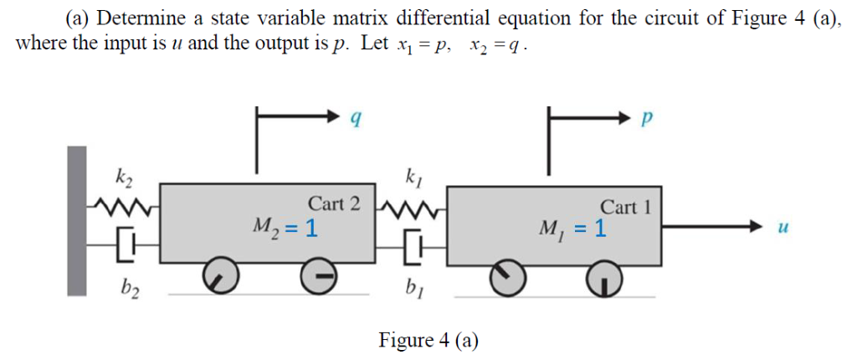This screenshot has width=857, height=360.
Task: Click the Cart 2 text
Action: tap(335, 203)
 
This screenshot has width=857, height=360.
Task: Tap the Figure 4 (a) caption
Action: tap(428, 339)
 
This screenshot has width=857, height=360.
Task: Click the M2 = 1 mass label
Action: tap(285, 226)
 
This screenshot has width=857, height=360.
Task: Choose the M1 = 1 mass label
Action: tap(575, 227)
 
